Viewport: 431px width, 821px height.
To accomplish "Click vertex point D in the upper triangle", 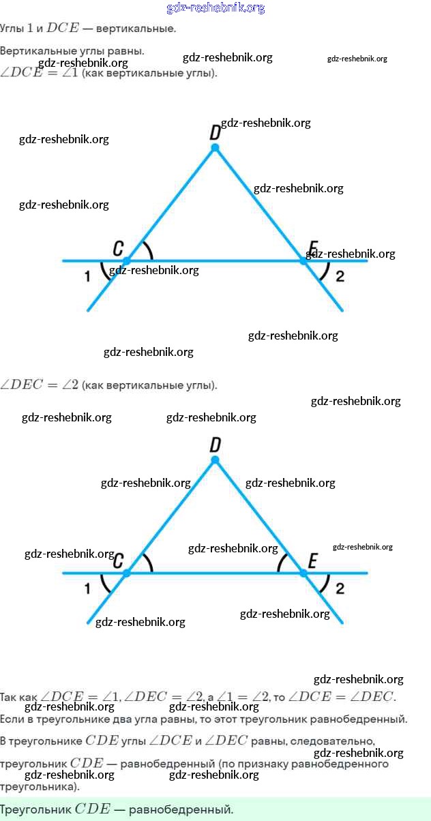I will click(215, 147).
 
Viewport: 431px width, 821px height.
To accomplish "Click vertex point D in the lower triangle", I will click(215, 460).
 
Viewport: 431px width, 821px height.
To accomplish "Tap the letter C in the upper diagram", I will click(118, 248).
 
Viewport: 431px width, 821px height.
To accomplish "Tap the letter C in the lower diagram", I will click(118, 561).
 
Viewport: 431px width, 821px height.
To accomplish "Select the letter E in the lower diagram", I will click(312, 561).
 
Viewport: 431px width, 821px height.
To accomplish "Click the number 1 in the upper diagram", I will click(87, 276).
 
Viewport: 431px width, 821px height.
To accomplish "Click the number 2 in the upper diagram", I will click(340, 276).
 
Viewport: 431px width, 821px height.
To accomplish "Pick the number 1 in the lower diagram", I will click(87, 588).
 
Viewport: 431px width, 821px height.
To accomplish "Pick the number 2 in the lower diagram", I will click(340, 588).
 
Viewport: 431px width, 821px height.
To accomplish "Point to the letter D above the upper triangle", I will click(215, 132).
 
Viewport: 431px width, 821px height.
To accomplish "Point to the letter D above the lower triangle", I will click(215, 445).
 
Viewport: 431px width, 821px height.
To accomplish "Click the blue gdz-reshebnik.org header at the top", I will click(215, 8).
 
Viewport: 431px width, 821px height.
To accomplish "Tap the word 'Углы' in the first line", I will click(11, 29).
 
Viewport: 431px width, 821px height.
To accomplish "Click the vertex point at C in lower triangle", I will click(126, 573).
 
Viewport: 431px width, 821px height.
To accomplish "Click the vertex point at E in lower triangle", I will click(304, 573).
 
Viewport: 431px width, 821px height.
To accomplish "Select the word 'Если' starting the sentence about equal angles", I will click(11, 719).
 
